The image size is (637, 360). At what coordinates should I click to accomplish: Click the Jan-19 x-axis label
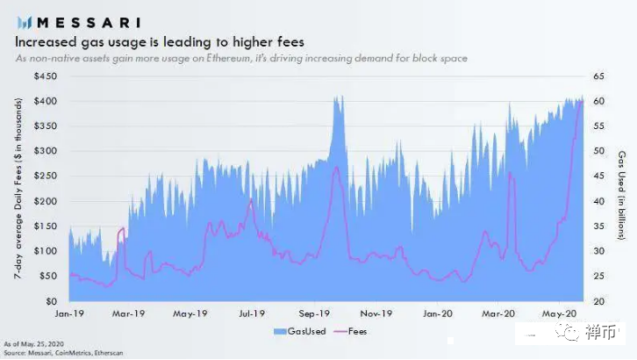(69, 313)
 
